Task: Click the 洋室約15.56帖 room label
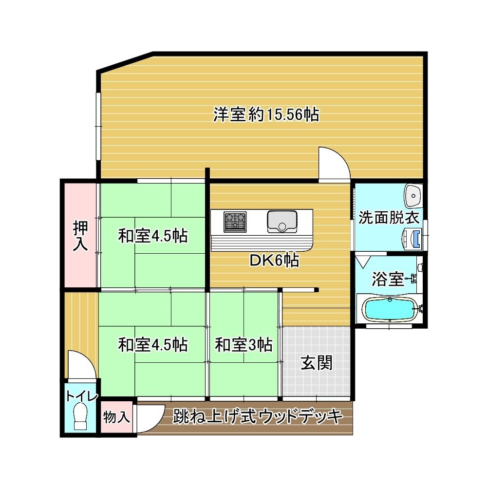266,114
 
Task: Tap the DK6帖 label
275,261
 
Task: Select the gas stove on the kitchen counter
235,222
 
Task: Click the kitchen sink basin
282,222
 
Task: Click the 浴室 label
388,279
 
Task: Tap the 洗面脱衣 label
389,217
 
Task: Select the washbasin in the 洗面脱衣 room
413,196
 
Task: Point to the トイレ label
82,396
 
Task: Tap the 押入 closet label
80,235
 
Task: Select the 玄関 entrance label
317,363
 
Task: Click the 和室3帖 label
243,344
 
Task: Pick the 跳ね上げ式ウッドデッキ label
258,416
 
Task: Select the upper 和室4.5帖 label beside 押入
153,236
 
